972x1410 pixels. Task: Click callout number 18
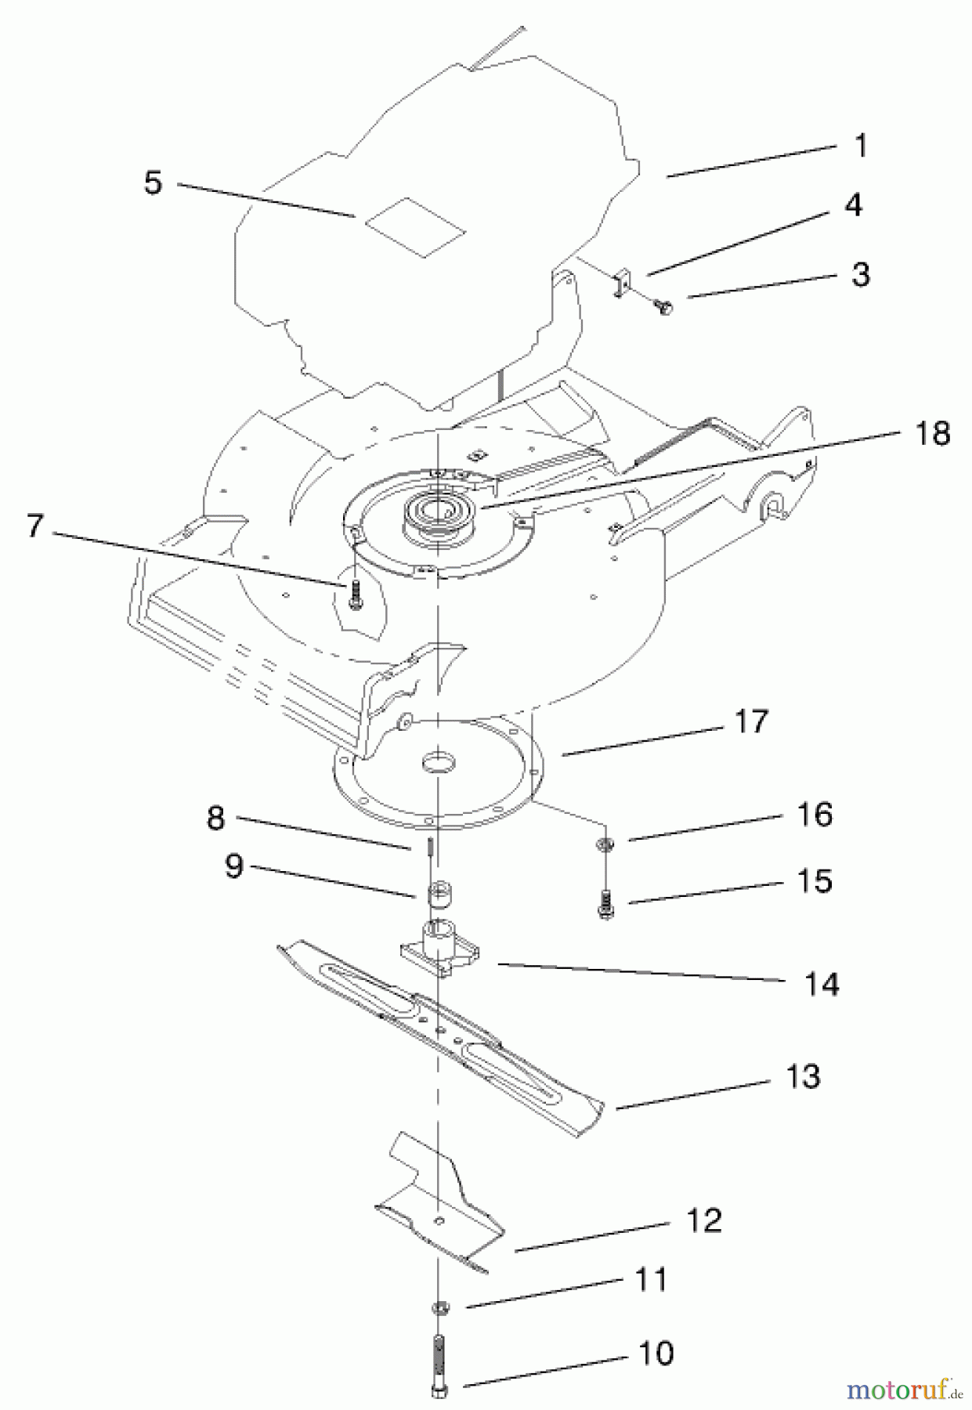(x=932, y=432)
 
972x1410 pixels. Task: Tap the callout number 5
(x=153, y=183)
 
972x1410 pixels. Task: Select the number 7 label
(x=33, y=526)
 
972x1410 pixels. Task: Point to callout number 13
(x=801, y=1076)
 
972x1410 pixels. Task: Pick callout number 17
(x=750, y=721)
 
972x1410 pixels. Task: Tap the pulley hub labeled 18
(x=433, y=515)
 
